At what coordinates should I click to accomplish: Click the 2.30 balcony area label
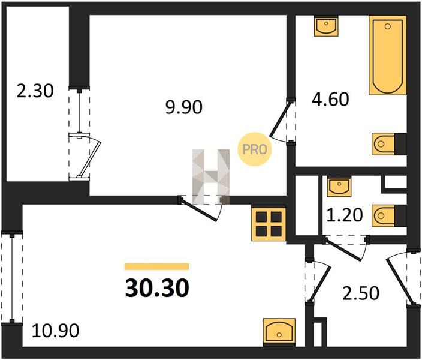pyautogui.click(x=35, y=91)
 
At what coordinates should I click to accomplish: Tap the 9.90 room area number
pyautogui.click(x=184, y=107)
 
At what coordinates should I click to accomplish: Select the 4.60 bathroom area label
pyautogui.click(x=330, y=99)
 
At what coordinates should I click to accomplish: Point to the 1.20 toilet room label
pyautogui.click(x=345, y=215)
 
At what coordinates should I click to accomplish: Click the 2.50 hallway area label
pyautogui.click(x=361, y=293)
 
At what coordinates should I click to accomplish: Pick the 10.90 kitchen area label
pyautogui.click(x=55, y=331)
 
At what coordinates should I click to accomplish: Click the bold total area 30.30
pyautogui.click(x=157, y=288)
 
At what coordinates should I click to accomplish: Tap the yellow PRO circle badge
pyautogui.click(x=254, y=149)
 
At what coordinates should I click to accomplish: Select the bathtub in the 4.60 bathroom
pyautogui.click(x=388, y=55)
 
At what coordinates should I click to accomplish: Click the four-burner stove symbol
pyautogui.click(x=269, y=224)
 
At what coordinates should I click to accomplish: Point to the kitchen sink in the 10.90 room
pyautogui.click(x=279, y=332)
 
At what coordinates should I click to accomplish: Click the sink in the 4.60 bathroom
pyautogui.click(x=326, y=26)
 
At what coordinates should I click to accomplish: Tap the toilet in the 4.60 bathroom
pyautogui.click(x=389, y=144)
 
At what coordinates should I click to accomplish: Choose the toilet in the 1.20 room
pyautogui.click(x=389, y=215)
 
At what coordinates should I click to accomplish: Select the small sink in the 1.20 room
pyautogui.click(x=339, y=187)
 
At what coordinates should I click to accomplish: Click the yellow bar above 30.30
pyautogui.click(x=156, y=266)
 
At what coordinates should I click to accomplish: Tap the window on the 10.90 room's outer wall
pyautogui.click(x=12, y=278)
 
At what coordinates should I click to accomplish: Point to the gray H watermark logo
pyautogui.click(x=211, y=176)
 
